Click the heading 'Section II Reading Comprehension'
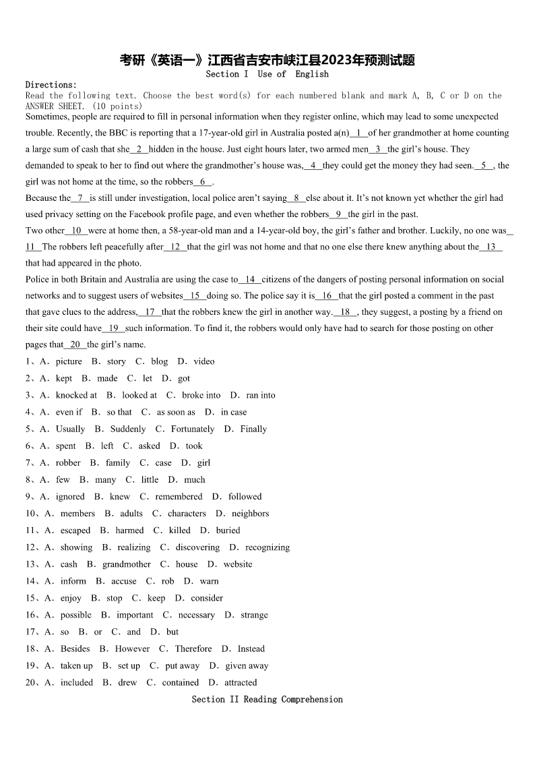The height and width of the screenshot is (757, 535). (x=267, y=699)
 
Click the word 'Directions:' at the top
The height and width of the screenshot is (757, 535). (x=51, y=85)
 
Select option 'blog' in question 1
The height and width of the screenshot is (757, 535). (x=160, y=361)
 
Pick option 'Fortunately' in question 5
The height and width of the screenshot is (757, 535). (x=193, y=429)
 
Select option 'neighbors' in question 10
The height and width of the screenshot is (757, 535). (x=250, y=513)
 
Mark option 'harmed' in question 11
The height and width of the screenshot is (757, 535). (x=129, y=530)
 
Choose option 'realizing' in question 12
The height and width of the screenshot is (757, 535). (x=134, y=547)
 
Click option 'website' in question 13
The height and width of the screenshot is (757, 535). (x=238, y=564)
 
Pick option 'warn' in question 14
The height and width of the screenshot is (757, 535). (x=209, y=581)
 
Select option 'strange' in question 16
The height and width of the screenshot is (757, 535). (x=254, y=615)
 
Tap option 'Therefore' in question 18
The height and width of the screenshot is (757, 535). (x=193, y=648)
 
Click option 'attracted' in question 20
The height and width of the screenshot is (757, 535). (x=241, y=682)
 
